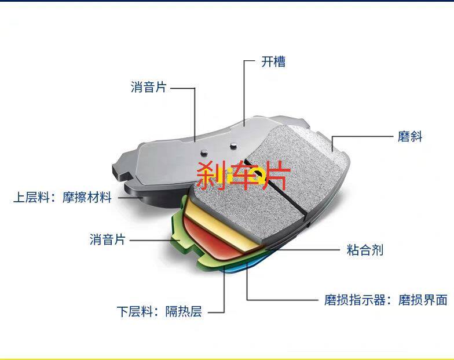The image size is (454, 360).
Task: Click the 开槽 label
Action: click(273, 61)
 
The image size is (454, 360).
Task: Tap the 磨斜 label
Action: click(410, 136)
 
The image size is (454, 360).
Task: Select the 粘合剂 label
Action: click(365, 250)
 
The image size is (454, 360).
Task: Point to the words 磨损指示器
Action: click(352, 300)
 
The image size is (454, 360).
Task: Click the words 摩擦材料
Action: click(87, 197)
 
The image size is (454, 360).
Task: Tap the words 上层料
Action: click(32, 197)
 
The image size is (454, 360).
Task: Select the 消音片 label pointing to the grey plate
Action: click(149, 87)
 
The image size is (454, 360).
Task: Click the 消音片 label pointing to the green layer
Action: click(108, 239)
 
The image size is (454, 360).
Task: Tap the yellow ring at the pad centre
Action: click(257, 173)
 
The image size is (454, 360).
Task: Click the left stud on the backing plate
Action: click(203, 151)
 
